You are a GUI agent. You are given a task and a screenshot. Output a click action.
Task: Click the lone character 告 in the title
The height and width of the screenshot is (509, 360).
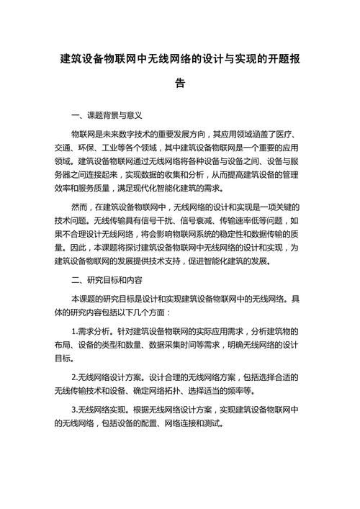click(x=179, y=83)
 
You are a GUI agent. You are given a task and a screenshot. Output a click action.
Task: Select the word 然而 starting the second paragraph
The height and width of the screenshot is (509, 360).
click(x=81, y=207)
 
